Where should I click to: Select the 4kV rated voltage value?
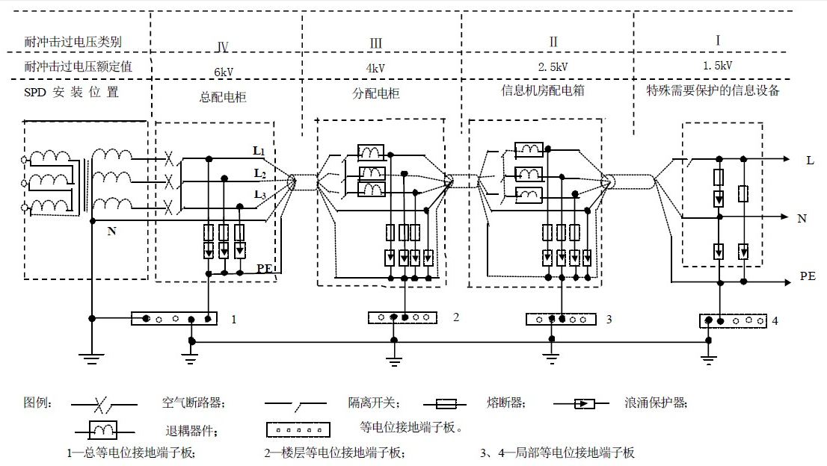point(376,68)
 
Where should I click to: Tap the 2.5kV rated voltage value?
point(553,66)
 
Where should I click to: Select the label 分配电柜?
point(375,95)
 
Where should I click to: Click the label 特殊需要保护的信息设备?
point(713,91)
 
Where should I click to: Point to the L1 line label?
point(259,151)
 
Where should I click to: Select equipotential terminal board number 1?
point(173,319)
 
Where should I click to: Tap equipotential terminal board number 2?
point(403,317)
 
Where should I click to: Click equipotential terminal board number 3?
point(561,319)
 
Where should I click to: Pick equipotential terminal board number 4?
point(733,320)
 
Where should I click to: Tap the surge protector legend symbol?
point(584,404)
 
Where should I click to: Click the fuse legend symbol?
point(446,404)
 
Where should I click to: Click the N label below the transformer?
point(111,232)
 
